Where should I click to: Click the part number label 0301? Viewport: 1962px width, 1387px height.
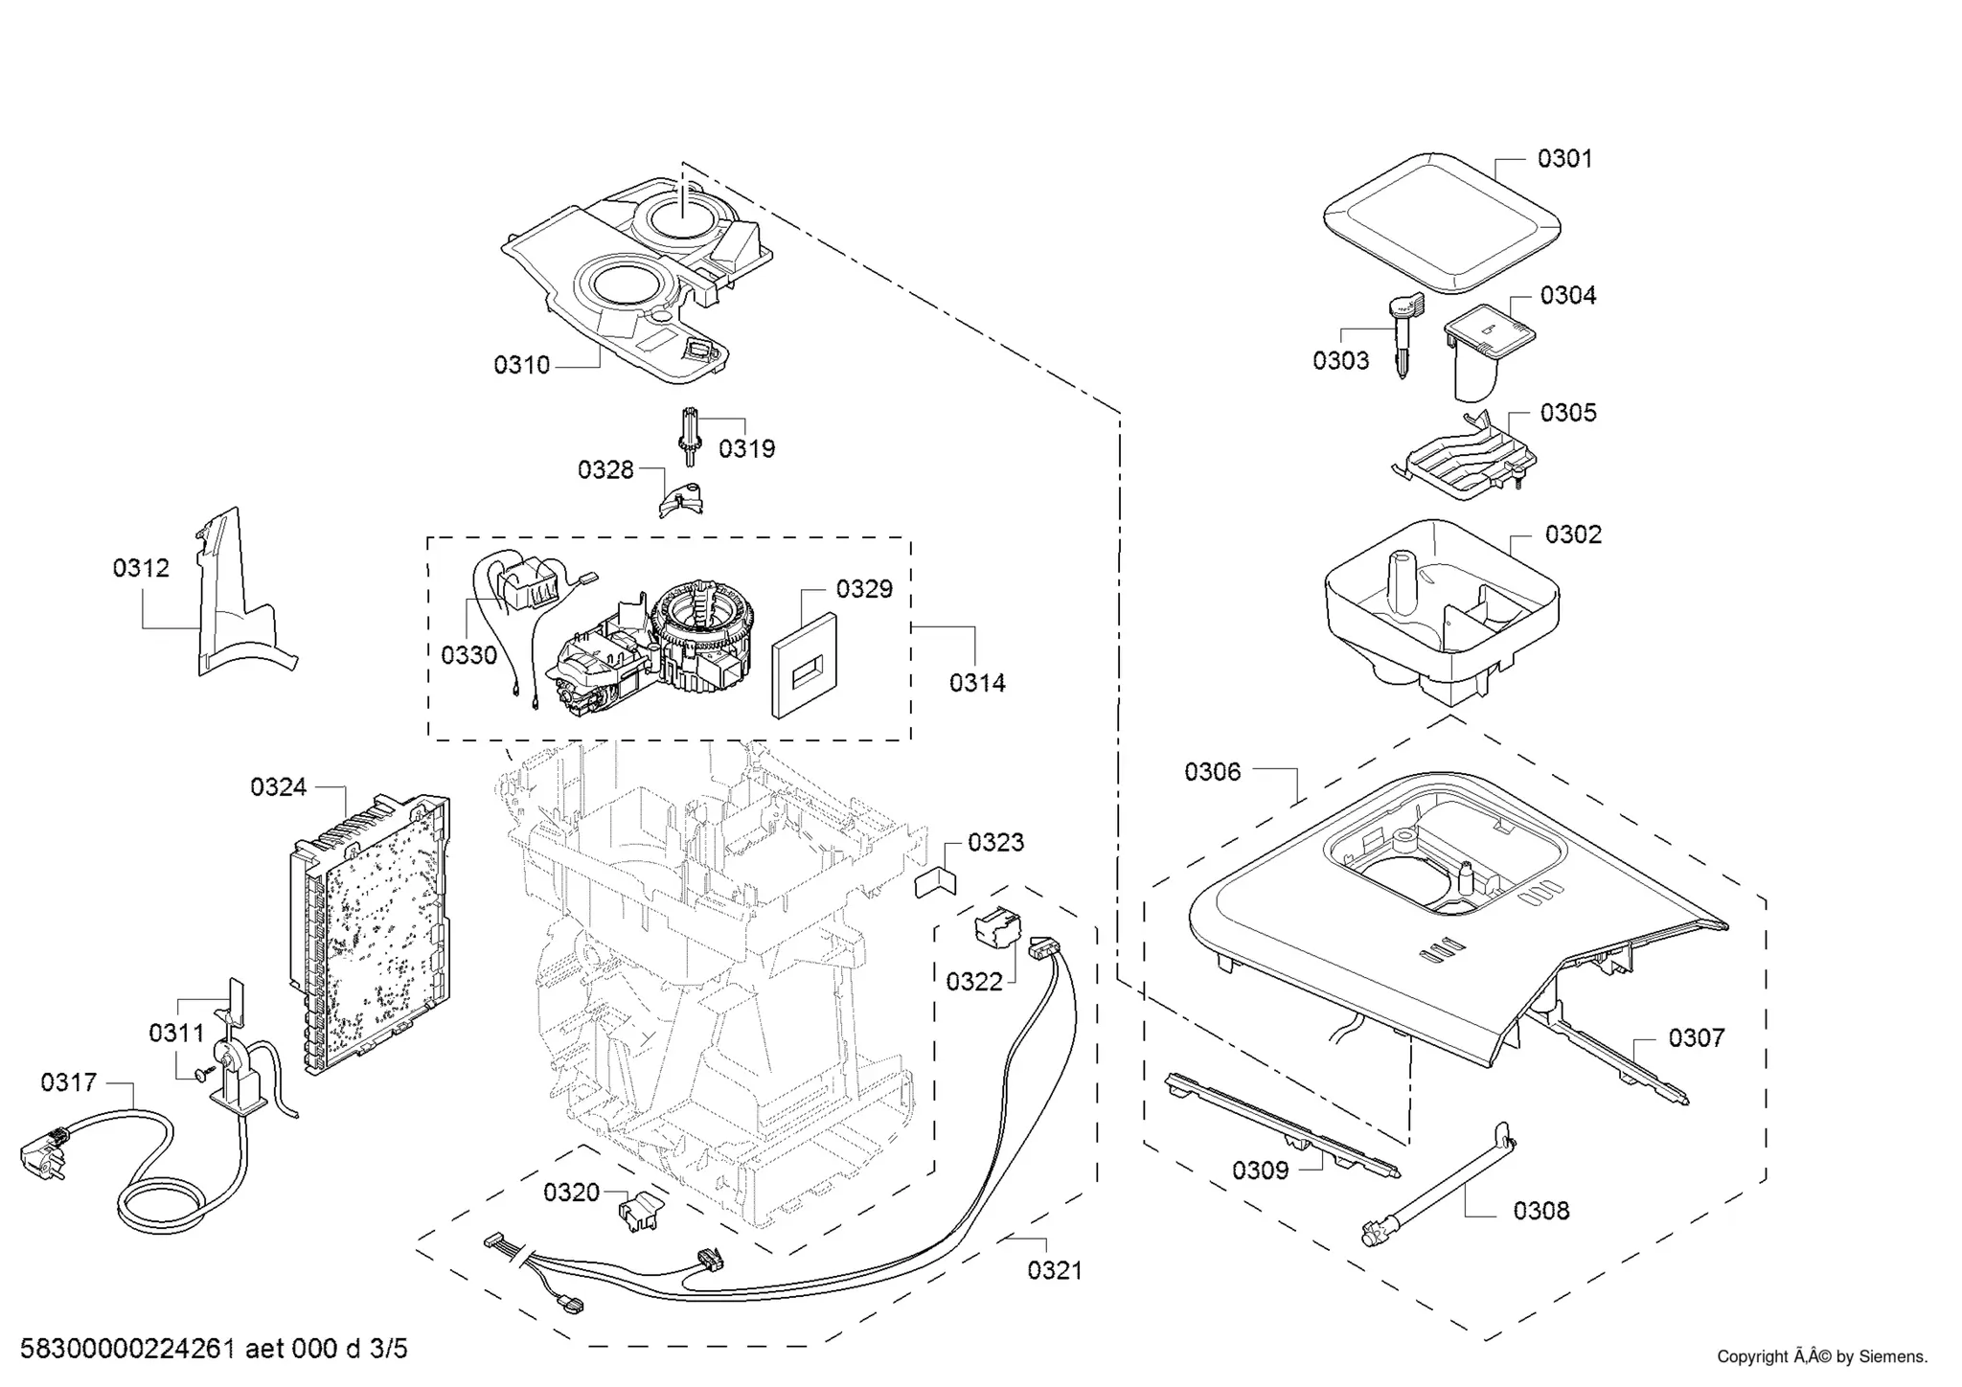pos(1564,159)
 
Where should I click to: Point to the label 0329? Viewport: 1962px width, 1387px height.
pos(863,589)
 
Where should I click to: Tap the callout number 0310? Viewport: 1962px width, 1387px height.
pos(522,365)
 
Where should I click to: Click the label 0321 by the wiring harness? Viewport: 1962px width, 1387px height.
pos(1055,1270)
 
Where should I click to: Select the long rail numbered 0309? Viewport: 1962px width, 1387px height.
pos(1279,1126)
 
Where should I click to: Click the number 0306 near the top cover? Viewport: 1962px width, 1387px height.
pos(1212,772)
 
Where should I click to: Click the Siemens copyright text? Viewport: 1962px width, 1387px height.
pos(1821,1356)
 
